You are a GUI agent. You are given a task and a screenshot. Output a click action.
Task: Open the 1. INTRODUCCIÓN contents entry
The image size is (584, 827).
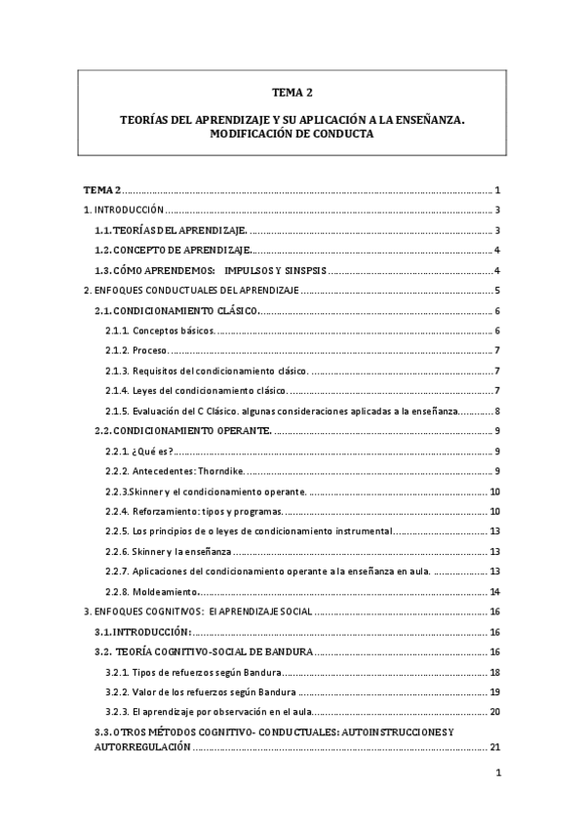pyautogui.click(x=124, y=210)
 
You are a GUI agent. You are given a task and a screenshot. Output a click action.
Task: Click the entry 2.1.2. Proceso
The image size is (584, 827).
pyautogui.click(x=137, y=350)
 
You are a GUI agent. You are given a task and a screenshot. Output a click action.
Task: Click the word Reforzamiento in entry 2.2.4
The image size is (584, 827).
pyautogui.click(x=162, y=511)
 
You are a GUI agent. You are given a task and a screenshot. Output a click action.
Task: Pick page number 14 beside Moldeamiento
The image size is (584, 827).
pyautogui.click(x=495, y=591)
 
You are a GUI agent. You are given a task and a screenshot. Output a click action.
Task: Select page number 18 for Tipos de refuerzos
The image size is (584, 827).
pyautogui.click(x=495, y=672)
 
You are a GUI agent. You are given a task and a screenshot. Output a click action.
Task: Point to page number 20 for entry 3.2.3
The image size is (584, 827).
pyautogui.click(x=495, y=712)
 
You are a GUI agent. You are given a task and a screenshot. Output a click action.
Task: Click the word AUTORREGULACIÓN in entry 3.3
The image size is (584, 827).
pyautogui.click(x=136, y=747)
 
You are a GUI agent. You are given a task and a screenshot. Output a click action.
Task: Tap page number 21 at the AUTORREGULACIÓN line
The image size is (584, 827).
pyautogui.click(x=495, y=747)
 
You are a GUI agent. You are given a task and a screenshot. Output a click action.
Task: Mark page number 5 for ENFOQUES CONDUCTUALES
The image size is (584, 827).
pyautogui.click(x=497, y=290)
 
